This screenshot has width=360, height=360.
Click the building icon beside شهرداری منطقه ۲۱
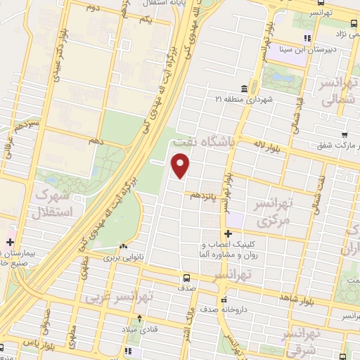(x=244, y=89)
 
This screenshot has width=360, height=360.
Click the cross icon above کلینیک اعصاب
(x=227, y=233)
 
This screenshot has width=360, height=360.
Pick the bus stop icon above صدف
(x=187, y=277)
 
